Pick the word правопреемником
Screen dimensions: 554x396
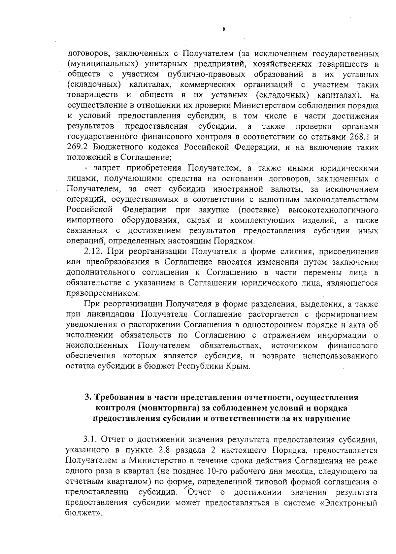[103, 293]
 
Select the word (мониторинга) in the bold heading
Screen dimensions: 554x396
[168, 408]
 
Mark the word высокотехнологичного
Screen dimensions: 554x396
[333, 210]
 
